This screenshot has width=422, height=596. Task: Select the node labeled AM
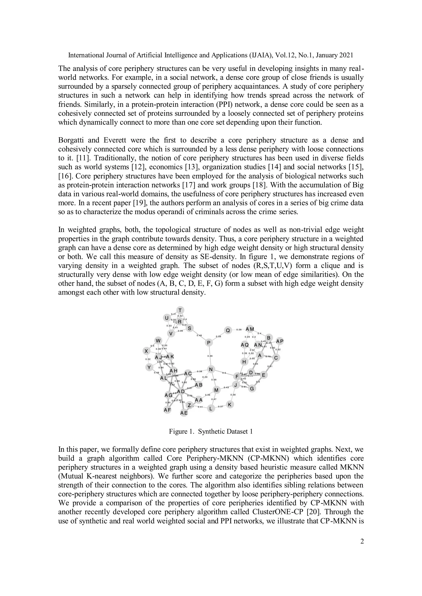point(250,329)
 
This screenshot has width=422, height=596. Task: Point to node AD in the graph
point(181,391)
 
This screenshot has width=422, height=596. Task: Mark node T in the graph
point(180,310)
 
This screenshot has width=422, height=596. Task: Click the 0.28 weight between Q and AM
point(239,330)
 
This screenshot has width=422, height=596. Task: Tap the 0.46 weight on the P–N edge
point(210,356)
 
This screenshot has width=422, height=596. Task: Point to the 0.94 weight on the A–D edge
point(256,364)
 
